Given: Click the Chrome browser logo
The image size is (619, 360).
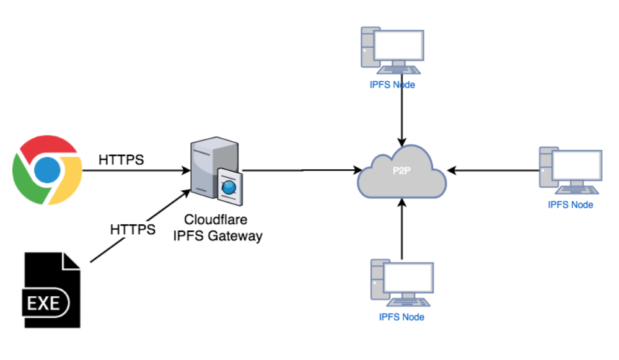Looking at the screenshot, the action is pos(47,170).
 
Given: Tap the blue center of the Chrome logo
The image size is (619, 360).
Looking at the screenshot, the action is pos(47,170).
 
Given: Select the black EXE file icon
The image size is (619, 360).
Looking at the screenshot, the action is pos(51,290).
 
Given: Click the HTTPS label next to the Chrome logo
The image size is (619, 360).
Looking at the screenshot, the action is pos(121,160).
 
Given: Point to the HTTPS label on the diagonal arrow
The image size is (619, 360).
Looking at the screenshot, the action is pos(133,229).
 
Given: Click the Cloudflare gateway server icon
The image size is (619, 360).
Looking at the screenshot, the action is pos(216,171).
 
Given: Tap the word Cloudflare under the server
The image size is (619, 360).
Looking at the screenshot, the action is pos(216,219).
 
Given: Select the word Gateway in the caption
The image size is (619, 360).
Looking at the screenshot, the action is pos(235,235).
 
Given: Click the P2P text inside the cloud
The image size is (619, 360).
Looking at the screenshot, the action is pos(402,170).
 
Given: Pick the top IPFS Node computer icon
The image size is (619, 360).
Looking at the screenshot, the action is pos(392,51).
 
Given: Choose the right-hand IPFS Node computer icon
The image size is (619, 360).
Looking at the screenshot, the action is pos(571,170).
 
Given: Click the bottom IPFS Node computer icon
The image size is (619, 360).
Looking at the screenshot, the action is pos(402,283).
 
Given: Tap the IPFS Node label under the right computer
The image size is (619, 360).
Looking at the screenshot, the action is pos(571,205).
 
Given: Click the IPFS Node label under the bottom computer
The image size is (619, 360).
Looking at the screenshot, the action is pos(402,317).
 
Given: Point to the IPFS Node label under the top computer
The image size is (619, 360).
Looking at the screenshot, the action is pos(392,85).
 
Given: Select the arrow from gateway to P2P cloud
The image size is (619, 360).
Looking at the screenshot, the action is pos(302,170).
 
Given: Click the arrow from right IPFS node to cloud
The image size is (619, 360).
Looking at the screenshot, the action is pos(493,170).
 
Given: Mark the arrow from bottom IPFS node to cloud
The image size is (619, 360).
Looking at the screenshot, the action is pos(402,229).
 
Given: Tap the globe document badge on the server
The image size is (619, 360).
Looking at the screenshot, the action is pos(230,187).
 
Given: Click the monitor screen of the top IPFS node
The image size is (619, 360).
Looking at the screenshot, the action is pos(398,45).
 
